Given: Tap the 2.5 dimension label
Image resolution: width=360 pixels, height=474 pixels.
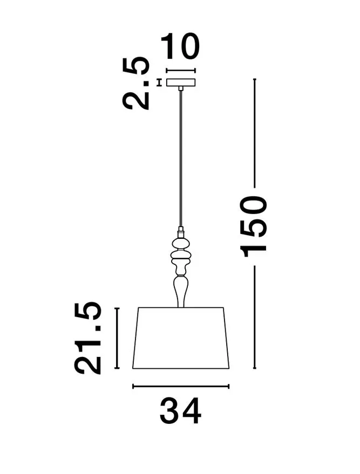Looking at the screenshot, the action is [x=136, y=83].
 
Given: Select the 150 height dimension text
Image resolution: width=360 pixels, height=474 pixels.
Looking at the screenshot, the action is [x=254, y=226].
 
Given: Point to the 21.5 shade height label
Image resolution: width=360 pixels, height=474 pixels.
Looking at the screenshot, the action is [x=88, y=338].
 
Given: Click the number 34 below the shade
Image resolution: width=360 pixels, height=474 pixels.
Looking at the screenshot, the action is [x=180, y=411].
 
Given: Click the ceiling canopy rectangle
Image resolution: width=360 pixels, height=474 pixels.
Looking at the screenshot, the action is [x=181, y=83].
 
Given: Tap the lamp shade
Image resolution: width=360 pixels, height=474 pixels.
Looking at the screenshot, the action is [x=181, y=338].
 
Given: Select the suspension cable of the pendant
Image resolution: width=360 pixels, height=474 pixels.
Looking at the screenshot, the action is [x=181, y=159].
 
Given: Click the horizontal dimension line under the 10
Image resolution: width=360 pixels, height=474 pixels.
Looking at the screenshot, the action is [x=181, y=71].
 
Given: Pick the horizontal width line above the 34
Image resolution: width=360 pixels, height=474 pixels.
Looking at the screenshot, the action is [x=181, y=386].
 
